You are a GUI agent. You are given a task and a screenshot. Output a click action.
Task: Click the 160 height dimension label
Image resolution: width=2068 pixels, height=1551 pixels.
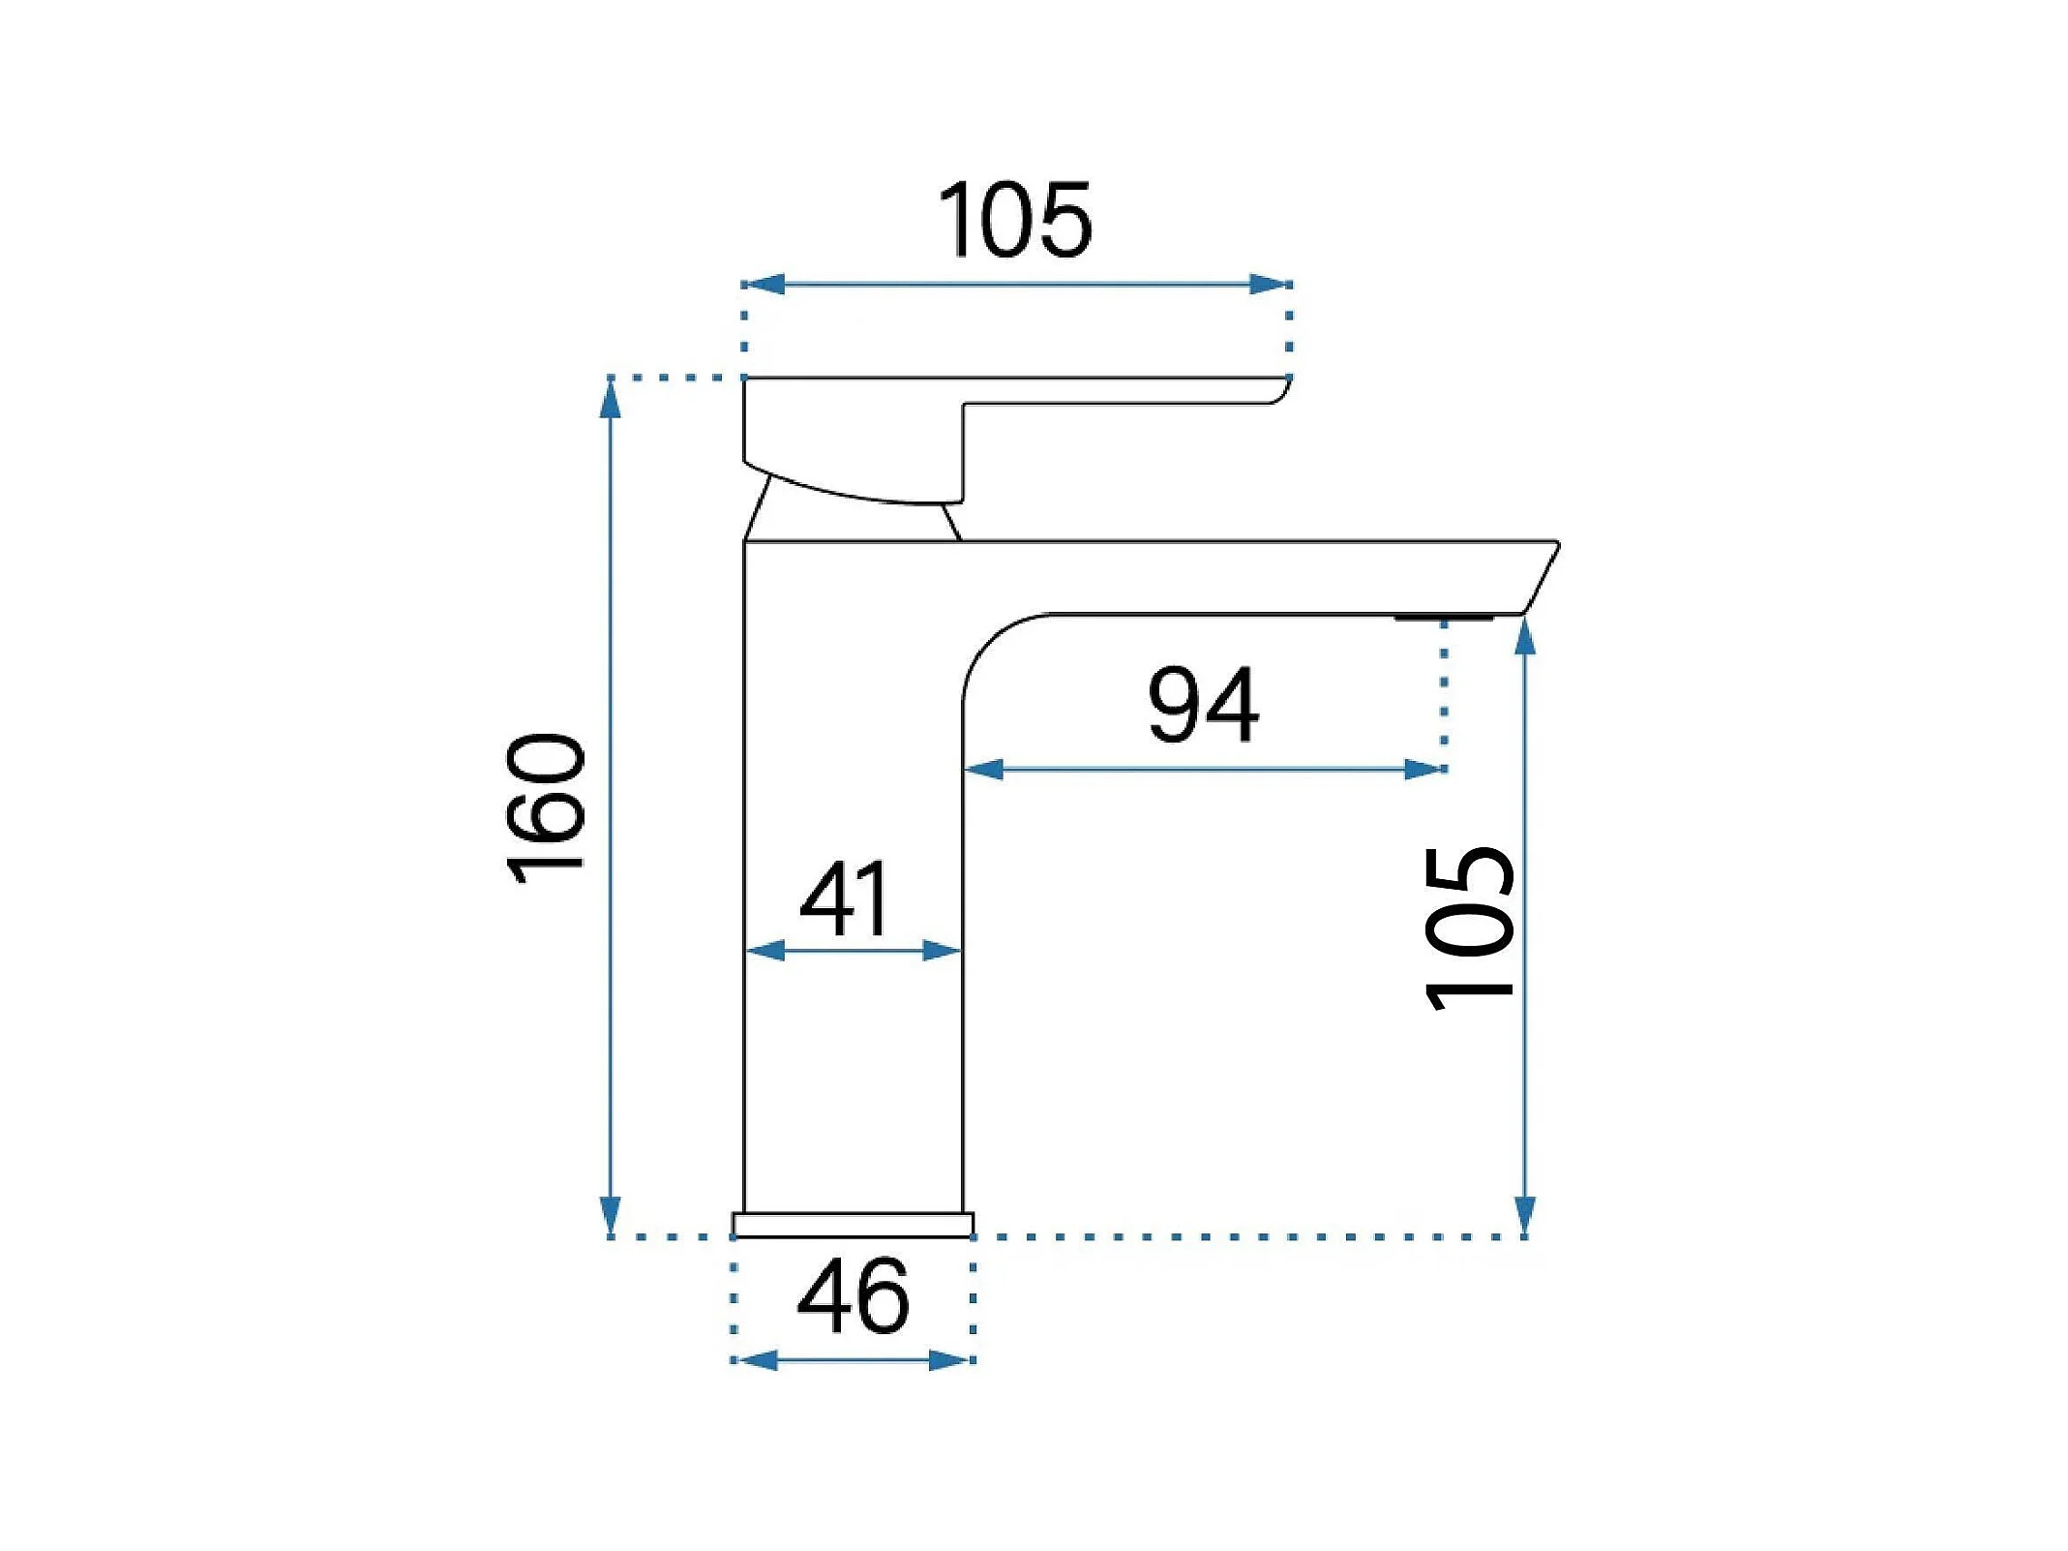546,809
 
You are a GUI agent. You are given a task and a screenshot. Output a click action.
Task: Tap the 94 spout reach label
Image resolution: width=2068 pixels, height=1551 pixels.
1203,705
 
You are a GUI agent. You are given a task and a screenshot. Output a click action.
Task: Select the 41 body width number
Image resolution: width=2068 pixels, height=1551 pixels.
843,898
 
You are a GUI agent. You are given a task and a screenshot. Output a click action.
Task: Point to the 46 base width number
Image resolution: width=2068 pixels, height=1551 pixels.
853,1295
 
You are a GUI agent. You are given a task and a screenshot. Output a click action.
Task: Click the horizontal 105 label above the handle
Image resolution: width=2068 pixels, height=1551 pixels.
1015,219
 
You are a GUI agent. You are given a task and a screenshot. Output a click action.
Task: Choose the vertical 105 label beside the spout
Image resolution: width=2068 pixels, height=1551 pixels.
1469,928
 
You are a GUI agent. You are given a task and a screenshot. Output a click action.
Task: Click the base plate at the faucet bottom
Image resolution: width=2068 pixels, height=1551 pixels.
853,1225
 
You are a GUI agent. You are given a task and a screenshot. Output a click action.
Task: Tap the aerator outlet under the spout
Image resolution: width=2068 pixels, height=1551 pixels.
1444,618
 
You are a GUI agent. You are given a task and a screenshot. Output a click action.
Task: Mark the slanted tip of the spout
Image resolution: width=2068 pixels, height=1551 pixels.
1542,577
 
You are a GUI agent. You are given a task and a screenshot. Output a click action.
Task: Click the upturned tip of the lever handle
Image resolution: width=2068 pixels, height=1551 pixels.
1282,390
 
